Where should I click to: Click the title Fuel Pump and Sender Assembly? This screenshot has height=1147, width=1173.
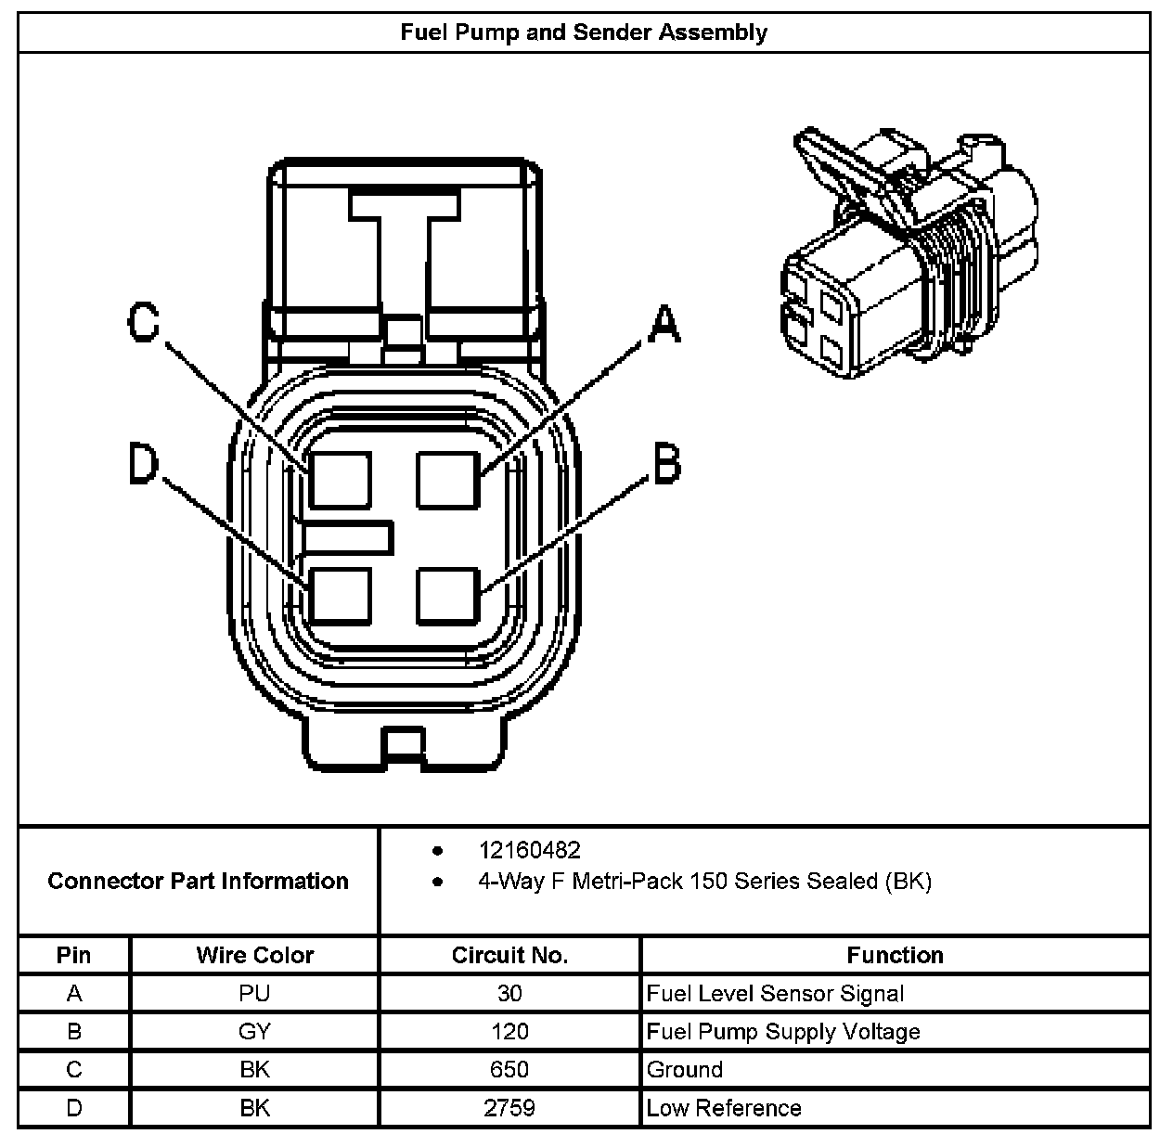pyautogui.click(x=584, y=32)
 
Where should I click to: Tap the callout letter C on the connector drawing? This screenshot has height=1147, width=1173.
pyautogui.click(x=144, y=323)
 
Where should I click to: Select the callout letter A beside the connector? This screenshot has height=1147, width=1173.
pyautogui.click(x=663, y=325)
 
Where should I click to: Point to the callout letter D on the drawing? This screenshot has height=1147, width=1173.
pyautogui.click(x=144, y=464)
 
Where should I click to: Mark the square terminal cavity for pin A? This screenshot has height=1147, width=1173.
pyautogui.click(x=448, y=479)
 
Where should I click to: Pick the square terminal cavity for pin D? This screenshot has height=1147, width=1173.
pyautogui.click(x=340, y=595)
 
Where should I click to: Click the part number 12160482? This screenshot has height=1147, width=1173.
pyautogui.click(x=529, y=850)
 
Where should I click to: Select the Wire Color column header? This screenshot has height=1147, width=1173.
pyautogui.click(x=254, y=955)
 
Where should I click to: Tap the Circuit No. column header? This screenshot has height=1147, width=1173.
pyautogui.click(x=509, y=955)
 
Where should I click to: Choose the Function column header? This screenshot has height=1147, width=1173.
pyautogui.click(x=895, y=955)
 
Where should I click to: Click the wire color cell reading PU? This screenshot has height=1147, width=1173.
pyautogui.click(x=254, y=994)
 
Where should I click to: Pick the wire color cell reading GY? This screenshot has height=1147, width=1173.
pyautogui.click(x=254, y=1032)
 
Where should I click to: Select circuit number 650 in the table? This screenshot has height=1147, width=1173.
pyautogui.click(x=509, y=1070)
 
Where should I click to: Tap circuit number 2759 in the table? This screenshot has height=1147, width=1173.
pyautogui.click(x=509, y=1108)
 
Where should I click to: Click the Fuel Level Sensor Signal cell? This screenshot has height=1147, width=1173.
pyautogui.click(x=775, y=994)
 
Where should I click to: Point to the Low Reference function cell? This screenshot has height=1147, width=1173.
pyautogui.click(x=724, y=1108)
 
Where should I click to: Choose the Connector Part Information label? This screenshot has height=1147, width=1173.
pyautogui.click(x=198, y=881)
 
